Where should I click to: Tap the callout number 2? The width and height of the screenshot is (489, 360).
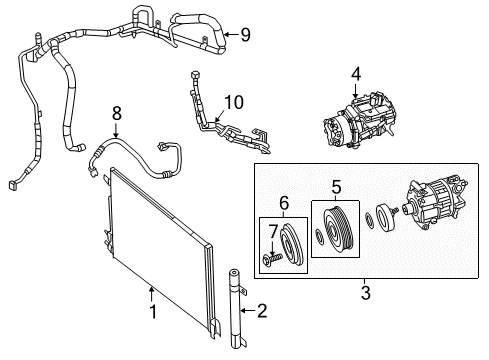[x=262, y=311]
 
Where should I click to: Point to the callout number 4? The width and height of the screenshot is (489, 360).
[x=355, y=74]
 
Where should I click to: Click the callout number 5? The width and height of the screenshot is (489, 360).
[x=336, y=185]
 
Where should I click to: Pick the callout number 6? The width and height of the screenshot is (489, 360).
[x=285, y=203]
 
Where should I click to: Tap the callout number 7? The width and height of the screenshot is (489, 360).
[x=272, y=232]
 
